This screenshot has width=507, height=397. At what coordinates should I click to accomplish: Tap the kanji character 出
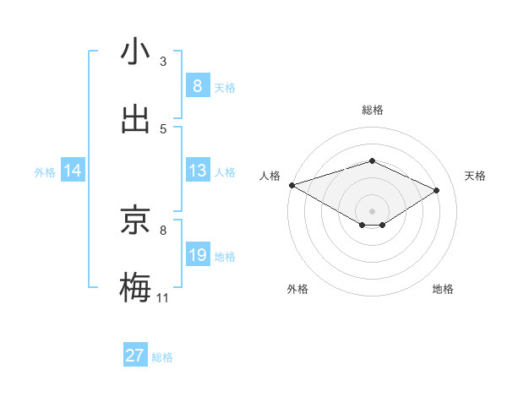click(x=135, y=119)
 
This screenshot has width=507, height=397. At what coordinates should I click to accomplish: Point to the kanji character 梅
click(x=135, y=287)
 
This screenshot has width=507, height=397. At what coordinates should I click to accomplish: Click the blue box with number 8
click(x=197, y=85)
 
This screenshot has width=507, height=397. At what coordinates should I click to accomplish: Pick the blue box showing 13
click(x=197, y=171)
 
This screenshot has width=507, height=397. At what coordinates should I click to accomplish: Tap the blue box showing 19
click(x=197, y=255)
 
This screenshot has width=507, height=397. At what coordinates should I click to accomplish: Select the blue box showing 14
click(x=73, y=171)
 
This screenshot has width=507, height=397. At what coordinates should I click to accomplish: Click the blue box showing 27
click(x=135, y=356)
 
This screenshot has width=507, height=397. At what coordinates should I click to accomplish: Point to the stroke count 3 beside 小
click(x=163, y=62)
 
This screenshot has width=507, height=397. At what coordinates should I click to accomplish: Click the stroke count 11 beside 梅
click(x=163, y=298)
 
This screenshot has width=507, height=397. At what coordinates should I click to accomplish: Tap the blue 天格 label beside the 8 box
click(x=225, y=87)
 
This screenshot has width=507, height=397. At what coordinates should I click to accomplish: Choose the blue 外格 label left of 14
click(x=45, y=172)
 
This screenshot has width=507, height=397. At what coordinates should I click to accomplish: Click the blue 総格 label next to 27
click(x=162, y=357)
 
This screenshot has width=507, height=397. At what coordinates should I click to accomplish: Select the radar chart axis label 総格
click(x=373, y=110)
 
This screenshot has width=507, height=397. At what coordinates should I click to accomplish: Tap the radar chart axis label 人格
click(x=270, y=176)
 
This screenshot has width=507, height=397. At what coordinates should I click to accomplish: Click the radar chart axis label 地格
click(x=443, y=289)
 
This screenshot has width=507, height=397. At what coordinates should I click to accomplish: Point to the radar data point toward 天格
click(x=437, y=190)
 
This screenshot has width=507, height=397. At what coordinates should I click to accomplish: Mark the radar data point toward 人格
click(x=292, y=185)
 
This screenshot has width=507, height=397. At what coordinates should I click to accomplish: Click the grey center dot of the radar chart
click(x=372, y=210)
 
